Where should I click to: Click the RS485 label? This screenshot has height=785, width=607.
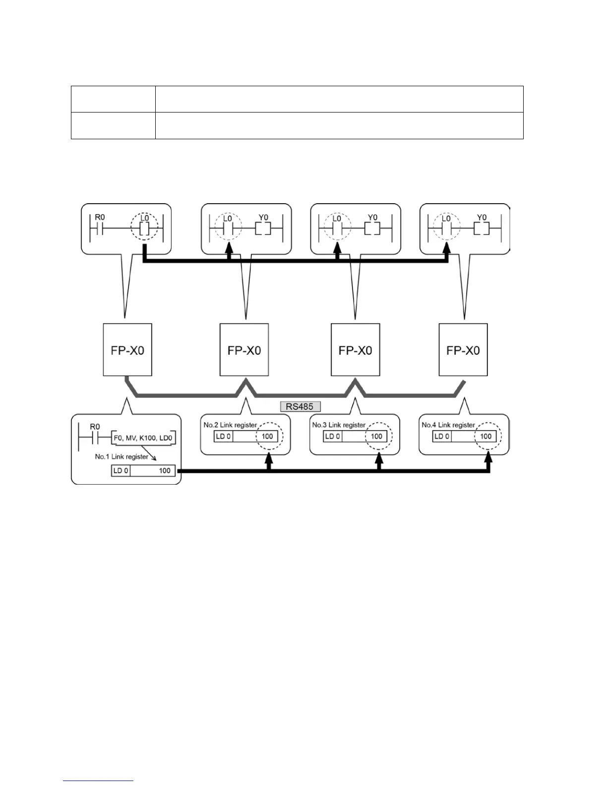click(300, 406)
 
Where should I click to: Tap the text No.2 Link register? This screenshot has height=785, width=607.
click(230, 425)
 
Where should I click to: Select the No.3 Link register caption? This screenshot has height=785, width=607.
click(339, 425)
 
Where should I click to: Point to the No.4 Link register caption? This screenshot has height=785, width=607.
click(448, 425)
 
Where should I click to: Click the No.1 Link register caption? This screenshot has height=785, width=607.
click(121, 456)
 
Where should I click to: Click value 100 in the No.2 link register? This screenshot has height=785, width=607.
click(267, 436)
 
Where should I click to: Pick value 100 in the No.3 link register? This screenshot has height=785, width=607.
click(376, 436)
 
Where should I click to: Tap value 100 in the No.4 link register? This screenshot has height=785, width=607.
click(486, 436)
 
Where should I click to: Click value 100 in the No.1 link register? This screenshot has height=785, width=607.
click(165, 470)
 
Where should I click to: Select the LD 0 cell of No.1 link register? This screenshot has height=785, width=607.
click(121, 470)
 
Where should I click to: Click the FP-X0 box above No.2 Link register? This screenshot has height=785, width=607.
click(244, 350)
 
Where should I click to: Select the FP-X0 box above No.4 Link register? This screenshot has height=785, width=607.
click(463, 350)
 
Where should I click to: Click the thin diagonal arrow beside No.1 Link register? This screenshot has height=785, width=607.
click(153, 458)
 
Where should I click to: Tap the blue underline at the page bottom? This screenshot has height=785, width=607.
click(98, 781)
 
